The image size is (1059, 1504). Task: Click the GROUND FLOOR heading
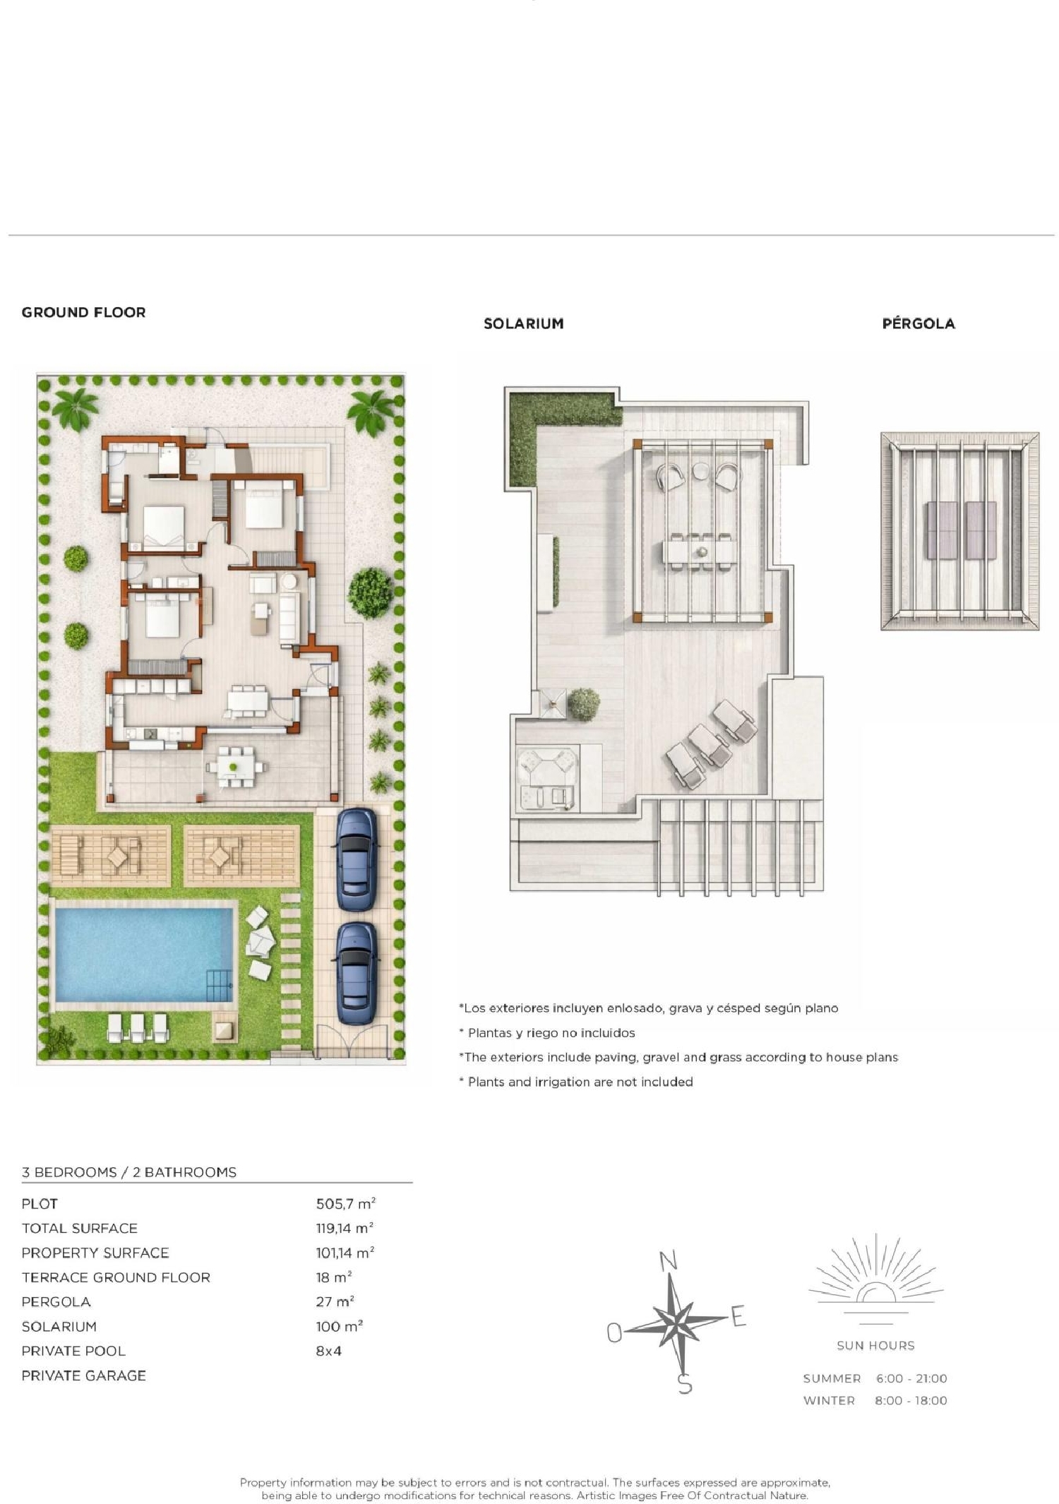click(x=83, y=312)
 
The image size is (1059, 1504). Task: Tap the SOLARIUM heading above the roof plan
click(x=523, y=323)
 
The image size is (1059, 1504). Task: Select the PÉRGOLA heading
click(x=919, y=323)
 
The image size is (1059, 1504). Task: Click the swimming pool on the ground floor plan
click(x=144, y=953)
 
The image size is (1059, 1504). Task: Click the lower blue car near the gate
click(x=356, y=972)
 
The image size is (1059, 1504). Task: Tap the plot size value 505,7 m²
click(x=345, y=1203)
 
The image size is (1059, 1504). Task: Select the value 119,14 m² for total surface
click(x=345, y=1228)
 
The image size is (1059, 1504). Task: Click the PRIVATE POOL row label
click(x=73, y=1351)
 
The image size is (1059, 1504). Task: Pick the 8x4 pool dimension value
click(x=328, y=1351)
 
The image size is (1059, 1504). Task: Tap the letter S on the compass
click(x=685, y=1384)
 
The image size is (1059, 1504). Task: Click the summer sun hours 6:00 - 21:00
click(x=911, y=1378)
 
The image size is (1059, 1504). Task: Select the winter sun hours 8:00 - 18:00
click(x=911, y=1400)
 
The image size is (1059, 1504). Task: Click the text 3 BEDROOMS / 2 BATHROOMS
click(x=129, y=1172)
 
